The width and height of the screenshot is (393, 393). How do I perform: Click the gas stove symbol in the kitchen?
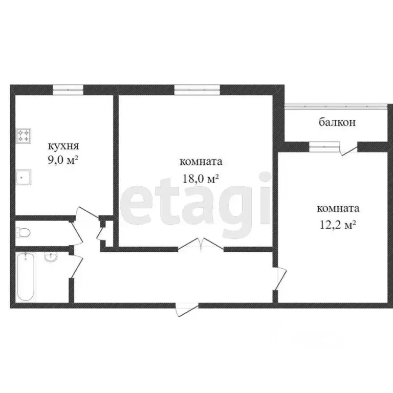(x=24, y=136)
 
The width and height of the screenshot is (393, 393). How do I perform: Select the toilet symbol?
(x=24, y=233)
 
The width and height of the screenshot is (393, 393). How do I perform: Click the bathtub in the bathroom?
(x=26, y=276)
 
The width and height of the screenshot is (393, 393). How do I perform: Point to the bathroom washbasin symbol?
(x=51, y=256)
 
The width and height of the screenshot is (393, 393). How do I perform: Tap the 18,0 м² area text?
(x=201, y=178)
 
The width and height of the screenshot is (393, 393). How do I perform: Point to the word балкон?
(x=337, y=123)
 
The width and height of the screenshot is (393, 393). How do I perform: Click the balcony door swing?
(x=349, y=149)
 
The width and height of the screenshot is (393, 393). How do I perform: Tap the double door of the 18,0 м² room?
(x=201, y=245)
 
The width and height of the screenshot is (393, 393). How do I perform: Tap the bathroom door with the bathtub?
(x=77, y=266)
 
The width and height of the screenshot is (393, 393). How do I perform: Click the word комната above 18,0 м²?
(x=201, y=162)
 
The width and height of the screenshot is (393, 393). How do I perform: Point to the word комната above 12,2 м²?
(x=338, y=209)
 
